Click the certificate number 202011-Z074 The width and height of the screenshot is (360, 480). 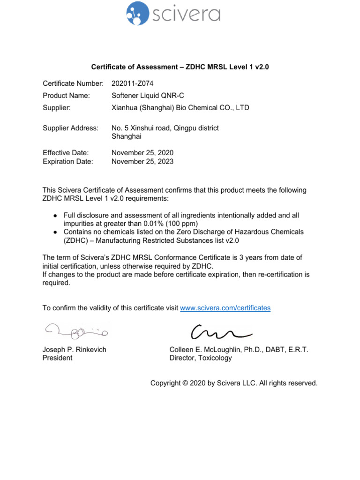[x=133, y=83]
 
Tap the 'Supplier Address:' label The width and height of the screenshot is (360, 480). [x=71, y=128]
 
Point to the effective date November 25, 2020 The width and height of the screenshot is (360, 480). [x=142, y=153]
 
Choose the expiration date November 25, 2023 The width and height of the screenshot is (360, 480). [x=142, y=161]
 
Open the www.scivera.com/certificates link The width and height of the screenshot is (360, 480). [x=225, y=308]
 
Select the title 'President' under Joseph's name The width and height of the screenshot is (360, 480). [x=57, y=358]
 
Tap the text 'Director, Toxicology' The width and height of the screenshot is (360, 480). [x=201, y=358]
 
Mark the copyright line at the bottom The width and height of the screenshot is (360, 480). [x=233, y=383]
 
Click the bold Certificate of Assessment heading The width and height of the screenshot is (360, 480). [x=180, y=67]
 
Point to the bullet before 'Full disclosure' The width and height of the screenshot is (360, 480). [x=55, y=215]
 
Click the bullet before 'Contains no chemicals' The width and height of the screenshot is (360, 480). [x=55, y=232]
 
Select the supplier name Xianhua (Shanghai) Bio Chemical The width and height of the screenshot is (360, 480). [x=180, y=108]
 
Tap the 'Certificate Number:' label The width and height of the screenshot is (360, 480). [x=73, y=83]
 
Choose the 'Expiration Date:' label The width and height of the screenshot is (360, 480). [x=68, y=161]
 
